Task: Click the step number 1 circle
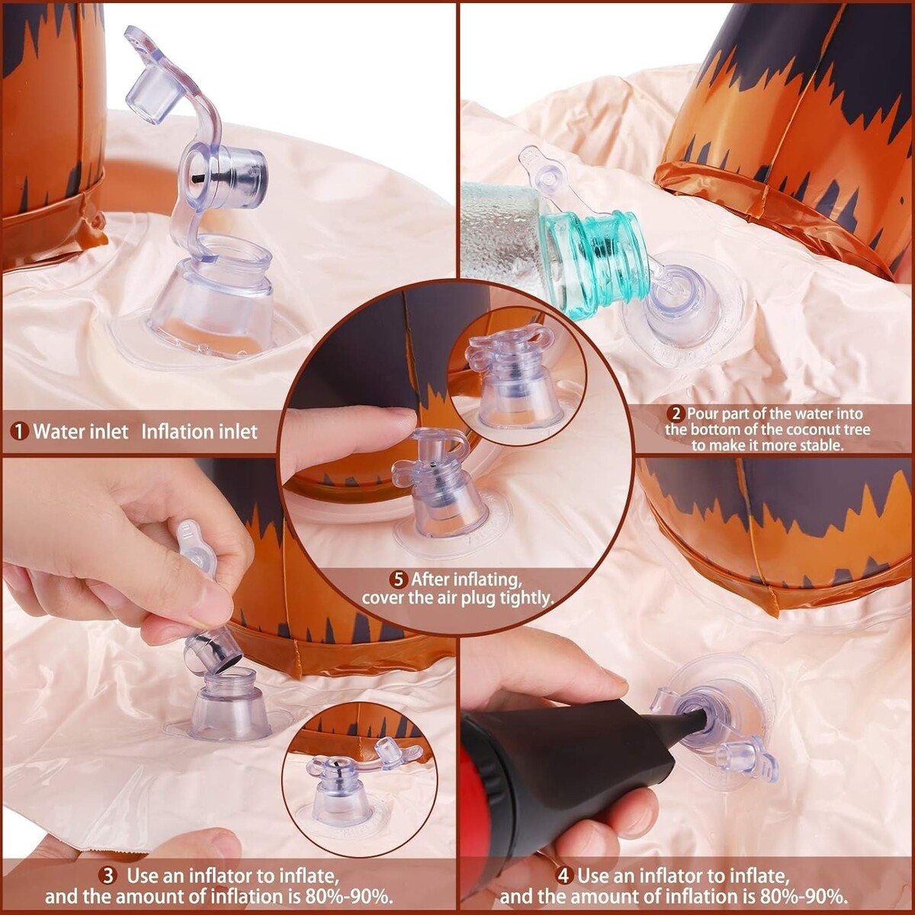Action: (20, 432)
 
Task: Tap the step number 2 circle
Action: (676, 413)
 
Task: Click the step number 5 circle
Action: (400, 579)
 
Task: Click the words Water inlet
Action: (81, 432)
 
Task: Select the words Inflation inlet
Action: (200, 432)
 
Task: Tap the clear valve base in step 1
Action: (211, 299)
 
